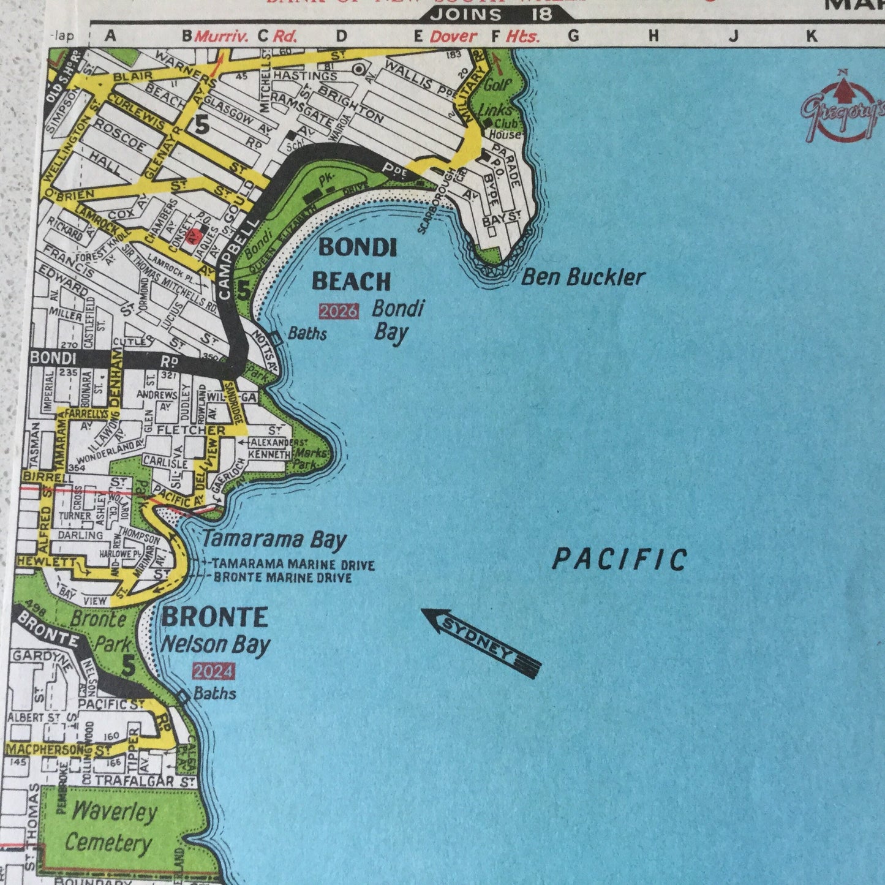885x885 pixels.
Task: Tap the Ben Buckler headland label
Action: coord(583,277)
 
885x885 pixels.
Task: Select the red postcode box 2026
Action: coord(339,311)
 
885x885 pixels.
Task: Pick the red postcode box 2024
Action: coord(213,672)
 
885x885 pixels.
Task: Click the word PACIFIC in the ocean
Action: coord(620,560)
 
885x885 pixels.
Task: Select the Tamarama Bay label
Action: coord(274,540)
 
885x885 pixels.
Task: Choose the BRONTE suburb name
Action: coord(214,617)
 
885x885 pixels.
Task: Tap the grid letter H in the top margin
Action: coord(653,36)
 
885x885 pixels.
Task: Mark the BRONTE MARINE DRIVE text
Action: coord(282,578)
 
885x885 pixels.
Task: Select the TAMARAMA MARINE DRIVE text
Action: coord(293,565)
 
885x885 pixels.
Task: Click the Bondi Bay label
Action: coord(397,320)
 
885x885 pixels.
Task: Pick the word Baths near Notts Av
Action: coord(307,334)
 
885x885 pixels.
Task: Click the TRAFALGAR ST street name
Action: coord(145,781)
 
